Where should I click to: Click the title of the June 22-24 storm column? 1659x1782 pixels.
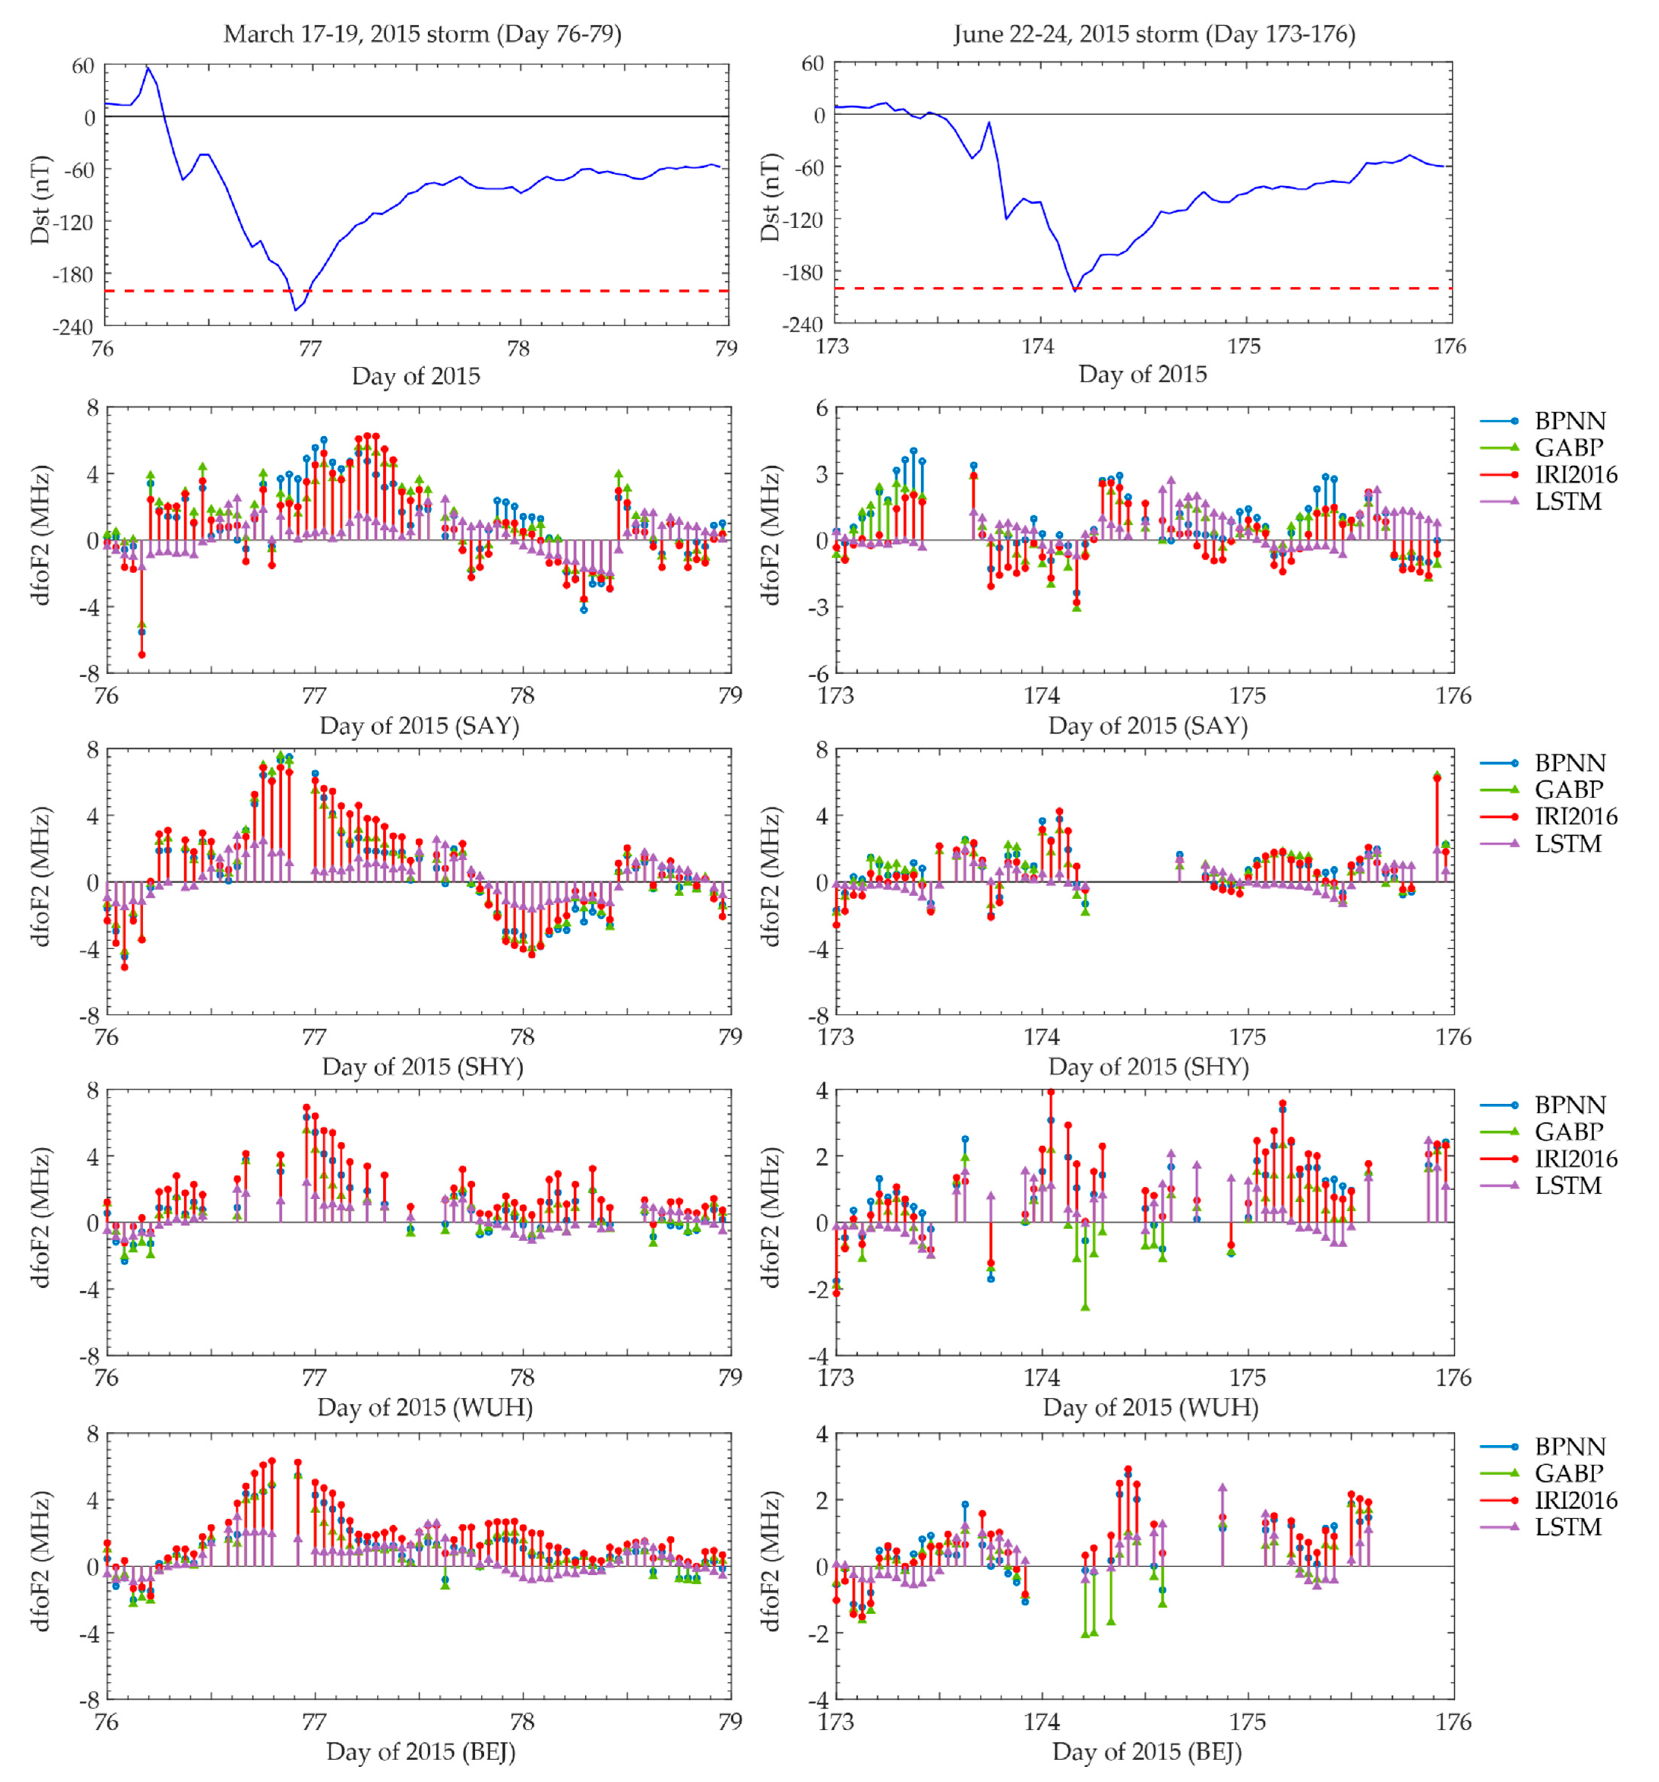1154,34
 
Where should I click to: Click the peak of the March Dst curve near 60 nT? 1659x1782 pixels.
148,67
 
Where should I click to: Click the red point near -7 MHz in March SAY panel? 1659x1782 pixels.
142,654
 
